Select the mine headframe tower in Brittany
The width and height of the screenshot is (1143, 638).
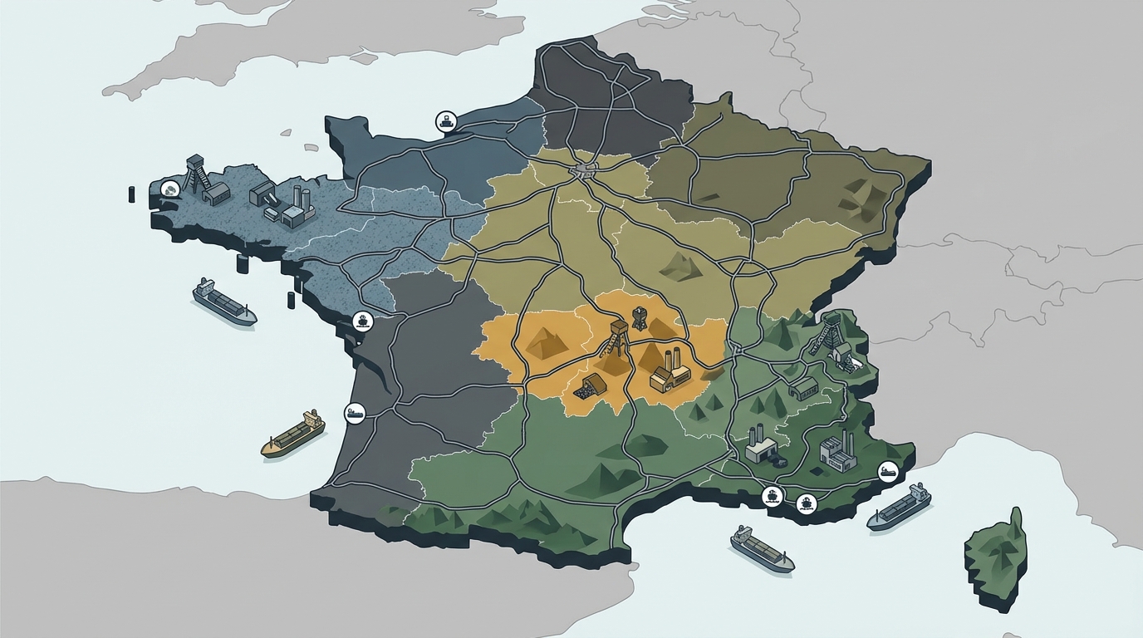196,174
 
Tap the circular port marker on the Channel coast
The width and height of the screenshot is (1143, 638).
446,122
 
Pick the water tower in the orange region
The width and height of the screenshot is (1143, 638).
639,317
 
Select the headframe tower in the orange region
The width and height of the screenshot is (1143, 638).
617,337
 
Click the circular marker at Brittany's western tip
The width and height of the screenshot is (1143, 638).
170,189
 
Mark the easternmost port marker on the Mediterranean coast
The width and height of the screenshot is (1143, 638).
887,471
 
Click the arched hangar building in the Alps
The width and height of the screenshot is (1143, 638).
804,387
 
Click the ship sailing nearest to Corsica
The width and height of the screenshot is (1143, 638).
899,508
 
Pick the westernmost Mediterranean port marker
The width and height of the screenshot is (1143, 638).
773,497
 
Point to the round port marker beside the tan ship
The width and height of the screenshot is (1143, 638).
354,412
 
